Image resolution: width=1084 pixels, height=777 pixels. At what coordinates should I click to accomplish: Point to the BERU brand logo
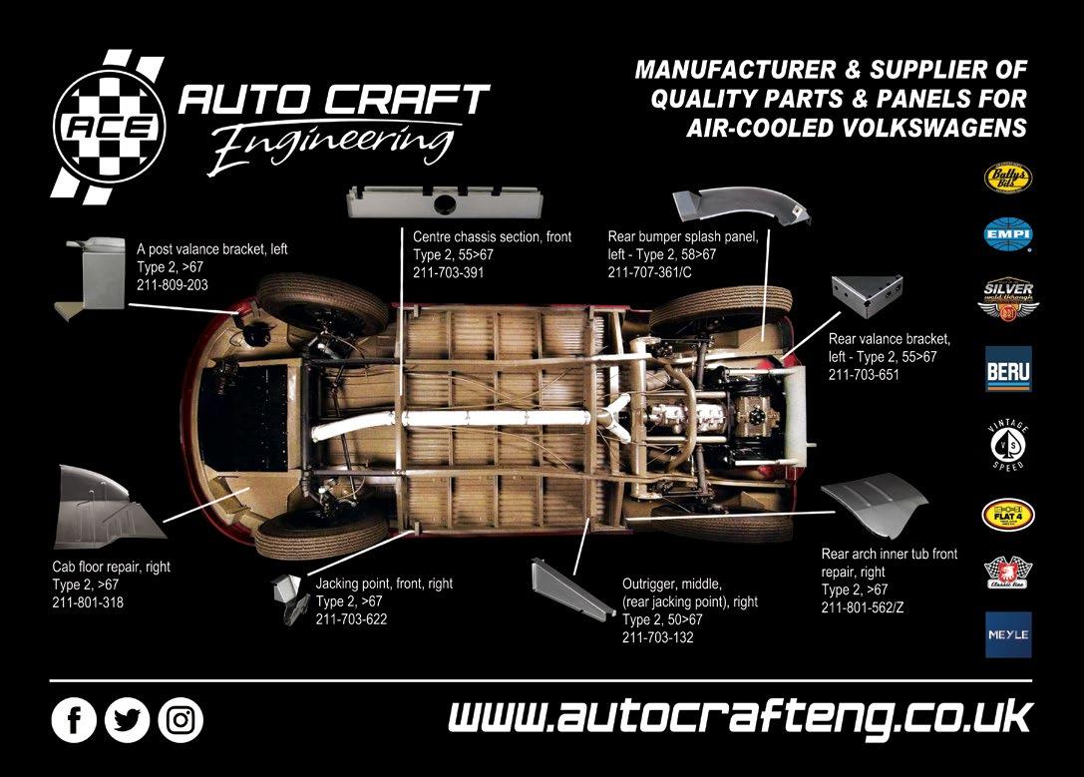pos(1008,368)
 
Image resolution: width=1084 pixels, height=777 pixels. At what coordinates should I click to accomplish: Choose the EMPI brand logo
pos(1008,235)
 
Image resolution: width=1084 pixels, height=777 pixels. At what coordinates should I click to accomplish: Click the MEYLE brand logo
pos(1008,634)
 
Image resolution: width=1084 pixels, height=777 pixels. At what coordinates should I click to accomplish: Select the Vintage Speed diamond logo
pos(1008,439)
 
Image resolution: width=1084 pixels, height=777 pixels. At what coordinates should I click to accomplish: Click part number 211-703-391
pos(448,272)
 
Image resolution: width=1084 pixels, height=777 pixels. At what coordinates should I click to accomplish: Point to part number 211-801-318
pos(88,602)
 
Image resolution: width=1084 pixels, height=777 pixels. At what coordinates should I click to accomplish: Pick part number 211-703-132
pos(657,638)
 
